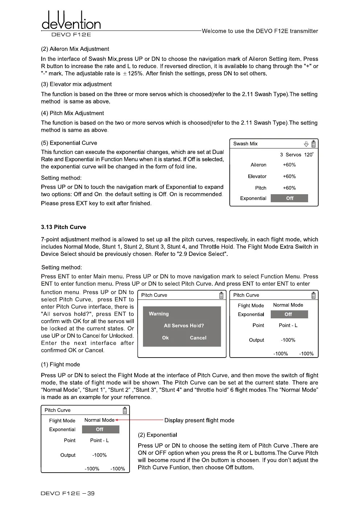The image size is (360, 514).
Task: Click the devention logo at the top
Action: click(71, 21)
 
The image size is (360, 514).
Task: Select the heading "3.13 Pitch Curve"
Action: click(64, 227)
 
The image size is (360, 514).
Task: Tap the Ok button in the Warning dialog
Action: click(165, 338)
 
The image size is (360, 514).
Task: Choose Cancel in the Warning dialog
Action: click(198, 338)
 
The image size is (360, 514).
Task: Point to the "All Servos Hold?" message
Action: click(184, 326)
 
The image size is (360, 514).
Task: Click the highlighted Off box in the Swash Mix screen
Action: click(289, 198)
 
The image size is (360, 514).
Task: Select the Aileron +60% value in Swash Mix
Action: click(289, 165)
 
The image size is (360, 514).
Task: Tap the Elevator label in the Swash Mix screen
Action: click(257, 176)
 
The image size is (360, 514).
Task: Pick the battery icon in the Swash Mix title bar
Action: click(314, 144)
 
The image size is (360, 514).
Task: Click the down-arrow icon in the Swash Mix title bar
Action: click(306, 144)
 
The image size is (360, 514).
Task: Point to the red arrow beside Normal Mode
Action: click(117, 420)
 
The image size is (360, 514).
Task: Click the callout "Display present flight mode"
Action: click(199, 420)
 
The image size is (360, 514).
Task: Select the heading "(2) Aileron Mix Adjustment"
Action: click(75, 49)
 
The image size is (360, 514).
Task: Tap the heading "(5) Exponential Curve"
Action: click(69, 143)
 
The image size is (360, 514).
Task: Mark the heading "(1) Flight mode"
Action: click(61, 364)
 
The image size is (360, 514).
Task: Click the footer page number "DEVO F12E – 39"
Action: click(68, 493)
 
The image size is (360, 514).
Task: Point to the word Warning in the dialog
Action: click(159, 314)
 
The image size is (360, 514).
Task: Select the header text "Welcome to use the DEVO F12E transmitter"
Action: click(260, 31)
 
